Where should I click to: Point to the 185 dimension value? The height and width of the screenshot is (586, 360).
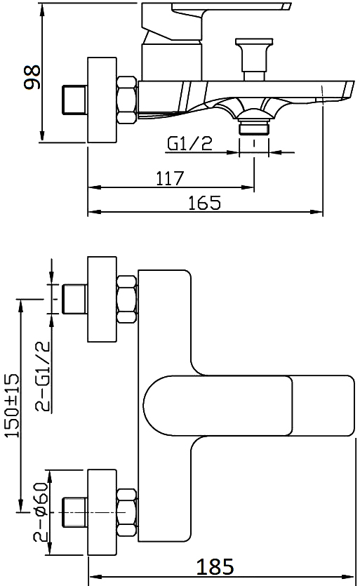click(217, 566)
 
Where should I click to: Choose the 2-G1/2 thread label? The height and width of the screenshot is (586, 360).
click(43, 375)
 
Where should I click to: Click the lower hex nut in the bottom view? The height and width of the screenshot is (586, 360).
click(126, 511)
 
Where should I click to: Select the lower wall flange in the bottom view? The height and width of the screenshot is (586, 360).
click(102, 512)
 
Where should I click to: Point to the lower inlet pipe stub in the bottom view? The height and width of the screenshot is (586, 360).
click(73, 512)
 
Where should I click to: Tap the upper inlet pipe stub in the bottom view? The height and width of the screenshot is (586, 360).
click(73, 300)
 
